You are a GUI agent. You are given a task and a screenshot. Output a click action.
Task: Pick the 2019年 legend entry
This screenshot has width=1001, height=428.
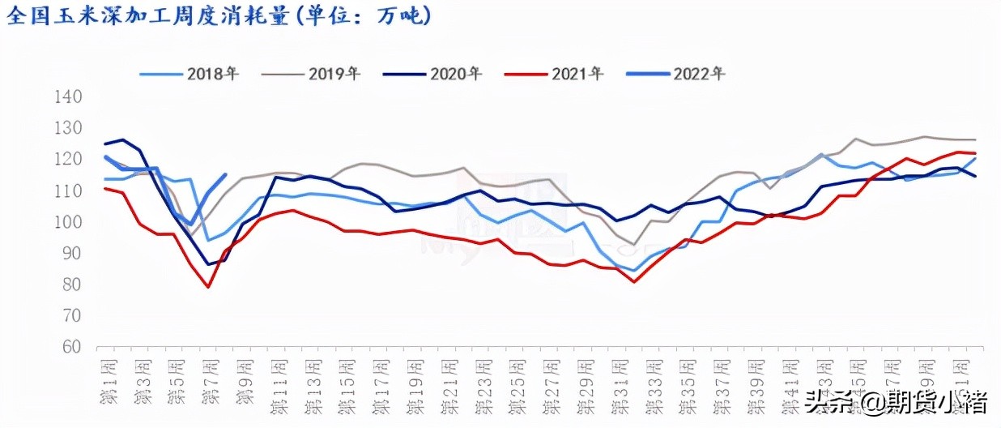(x=311, y=75)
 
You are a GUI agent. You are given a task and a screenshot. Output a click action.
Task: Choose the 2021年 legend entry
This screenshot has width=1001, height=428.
(x=554, y=75)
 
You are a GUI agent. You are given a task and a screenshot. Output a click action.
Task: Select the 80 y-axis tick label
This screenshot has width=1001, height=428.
(x=70, y=285)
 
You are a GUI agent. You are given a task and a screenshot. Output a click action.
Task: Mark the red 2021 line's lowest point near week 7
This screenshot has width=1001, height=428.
(x=208, y=287)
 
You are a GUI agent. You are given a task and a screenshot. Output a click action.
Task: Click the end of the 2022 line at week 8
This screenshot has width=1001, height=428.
(x=225, y=174)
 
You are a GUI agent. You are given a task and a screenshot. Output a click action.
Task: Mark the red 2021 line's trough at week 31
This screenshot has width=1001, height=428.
(x=633, y=282)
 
